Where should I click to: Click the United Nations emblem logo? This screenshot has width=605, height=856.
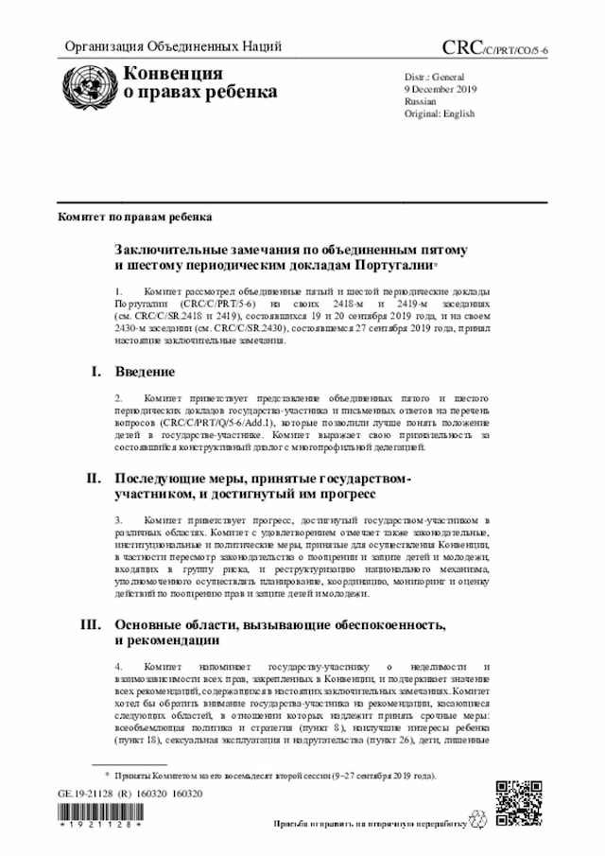(85, 84)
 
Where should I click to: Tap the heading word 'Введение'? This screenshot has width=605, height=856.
(145, 372)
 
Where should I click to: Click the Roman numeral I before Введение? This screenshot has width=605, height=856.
(98, 372)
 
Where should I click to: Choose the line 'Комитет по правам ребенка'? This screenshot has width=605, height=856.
(134, 217)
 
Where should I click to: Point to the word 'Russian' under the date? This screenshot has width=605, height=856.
(421, 99)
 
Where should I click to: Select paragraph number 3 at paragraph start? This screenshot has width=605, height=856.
(118, 521)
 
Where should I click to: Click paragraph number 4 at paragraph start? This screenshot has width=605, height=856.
(118, 668)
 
